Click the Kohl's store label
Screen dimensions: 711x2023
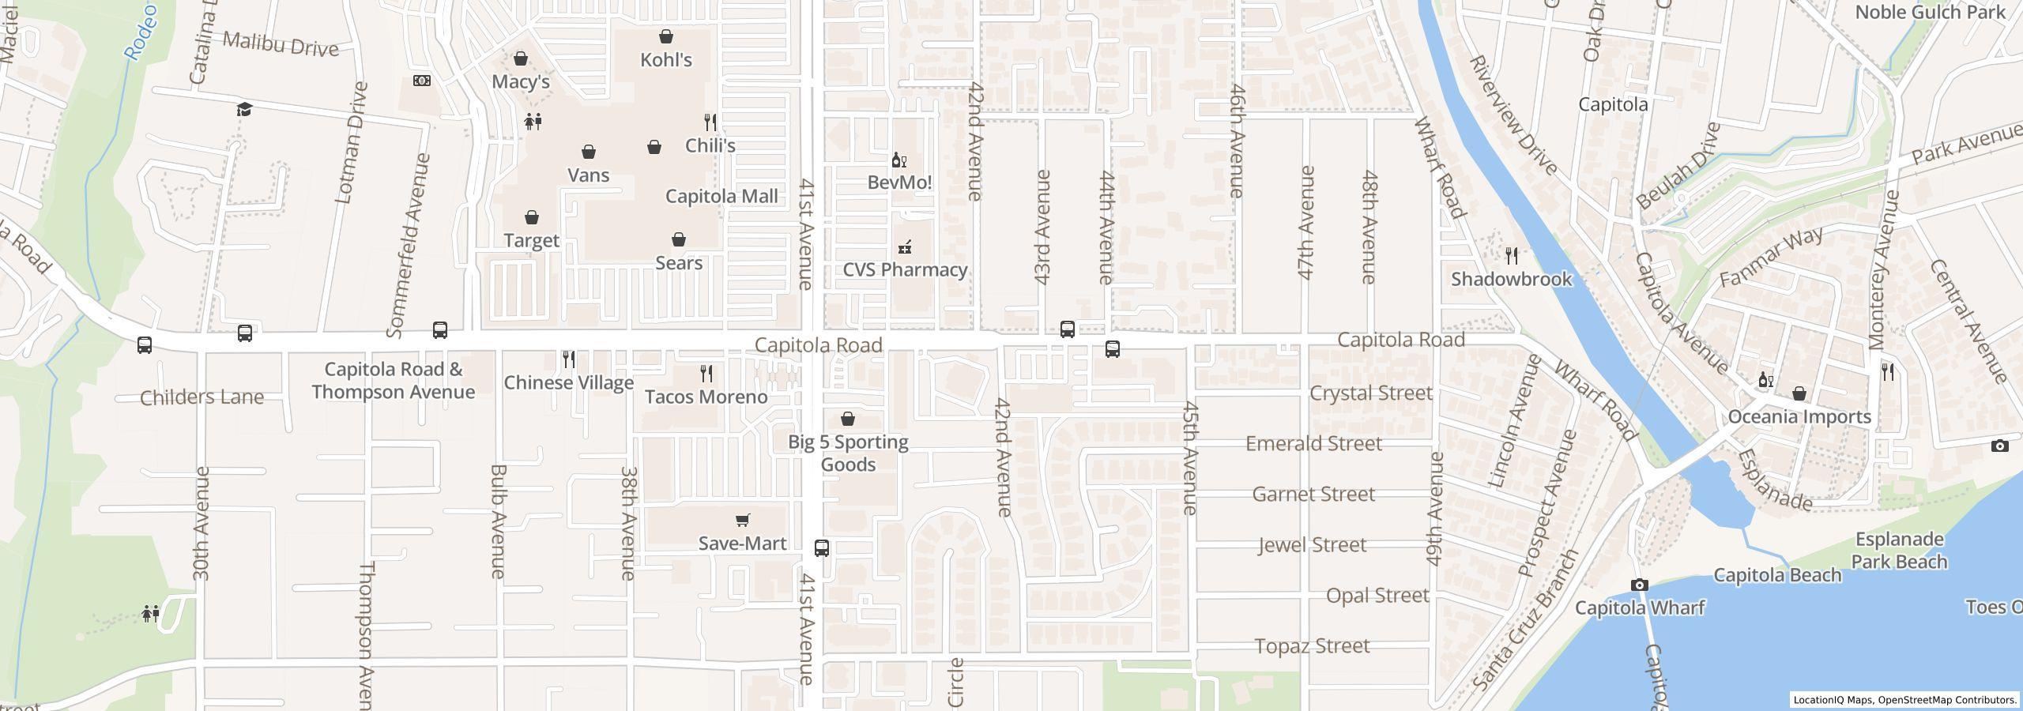665,60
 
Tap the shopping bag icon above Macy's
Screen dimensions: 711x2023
521,58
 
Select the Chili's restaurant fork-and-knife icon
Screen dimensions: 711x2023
710,122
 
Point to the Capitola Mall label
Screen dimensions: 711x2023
721,196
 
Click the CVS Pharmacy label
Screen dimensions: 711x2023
905,269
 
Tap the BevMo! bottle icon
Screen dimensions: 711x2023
898,160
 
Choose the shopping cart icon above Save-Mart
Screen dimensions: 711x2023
742,520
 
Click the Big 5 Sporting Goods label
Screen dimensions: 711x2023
848,453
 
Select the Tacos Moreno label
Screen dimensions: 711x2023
706,397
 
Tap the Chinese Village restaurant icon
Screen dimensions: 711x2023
569,359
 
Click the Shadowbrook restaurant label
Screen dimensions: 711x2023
1511,279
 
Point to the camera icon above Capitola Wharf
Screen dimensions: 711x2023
1639,585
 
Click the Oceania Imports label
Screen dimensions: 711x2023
1799,416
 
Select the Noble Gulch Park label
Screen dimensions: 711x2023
1930,13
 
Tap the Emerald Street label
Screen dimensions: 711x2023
1313,443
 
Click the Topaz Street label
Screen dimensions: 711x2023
1312,645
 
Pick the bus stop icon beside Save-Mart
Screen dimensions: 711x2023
822,547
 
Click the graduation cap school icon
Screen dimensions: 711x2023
244,109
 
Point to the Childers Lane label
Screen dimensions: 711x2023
202,397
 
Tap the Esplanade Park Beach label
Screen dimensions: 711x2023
1898,551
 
